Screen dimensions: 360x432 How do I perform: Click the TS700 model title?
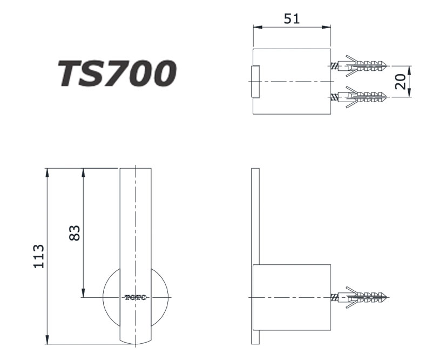coord(118,74)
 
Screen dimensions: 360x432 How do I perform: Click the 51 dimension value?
coord(292,19)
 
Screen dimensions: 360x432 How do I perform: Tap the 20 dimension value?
coord(401,82)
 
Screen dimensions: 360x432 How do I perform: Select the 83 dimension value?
coord(76,233)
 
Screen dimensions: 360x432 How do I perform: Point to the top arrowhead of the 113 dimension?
coord(48,172)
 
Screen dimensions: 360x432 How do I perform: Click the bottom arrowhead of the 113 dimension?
coord(48,340)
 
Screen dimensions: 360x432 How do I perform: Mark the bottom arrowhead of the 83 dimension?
coord(83,293)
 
